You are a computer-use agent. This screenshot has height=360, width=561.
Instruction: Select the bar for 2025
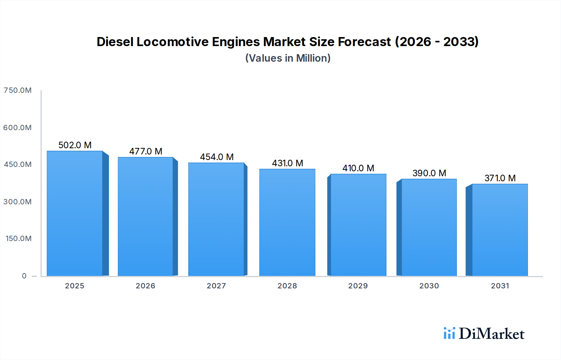coord(75,213)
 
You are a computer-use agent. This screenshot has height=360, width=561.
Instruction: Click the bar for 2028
coord(287,222)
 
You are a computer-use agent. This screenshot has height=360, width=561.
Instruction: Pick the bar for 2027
coord(216,219)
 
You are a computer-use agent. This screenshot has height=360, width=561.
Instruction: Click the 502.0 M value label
coord(75,145)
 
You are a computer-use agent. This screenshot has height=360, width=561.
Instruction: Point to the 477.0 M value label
coord(146,151)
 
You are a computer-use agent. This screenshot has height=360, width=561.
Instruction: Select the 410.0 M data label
coord(358,168)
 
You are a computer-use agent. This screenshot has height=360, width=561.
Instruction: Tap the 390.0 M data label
coord(429,173)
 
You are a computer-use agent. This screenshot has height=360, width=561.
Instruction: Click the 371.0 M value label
coord(500,178)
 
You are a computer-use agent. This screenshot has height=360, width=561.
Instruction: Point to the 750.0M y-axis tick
coord(17,90)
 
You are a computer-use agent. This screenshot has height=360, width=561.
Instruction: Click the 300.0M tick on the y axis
coord(17,202)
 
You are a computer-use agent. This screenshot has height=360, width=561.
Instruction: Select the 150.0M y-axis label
coord(18,239)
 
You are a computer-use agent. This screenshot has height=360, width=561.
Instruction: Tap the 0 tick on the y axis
coord(24,276)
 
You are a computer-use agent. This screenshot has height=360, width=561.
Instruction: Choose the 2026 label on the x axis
coord(145,286)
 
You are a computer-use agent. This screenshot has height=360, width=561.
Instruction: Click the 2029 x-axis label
coord(358,286)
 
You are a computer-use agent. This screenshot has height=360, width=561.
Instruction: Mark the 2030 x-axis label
coord(429,286)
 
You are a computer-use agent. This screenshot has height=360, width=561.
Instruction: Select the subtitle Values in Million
coord(288,58)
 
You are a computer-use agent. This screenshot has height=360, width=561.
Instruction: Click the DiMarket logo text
coord(491,334)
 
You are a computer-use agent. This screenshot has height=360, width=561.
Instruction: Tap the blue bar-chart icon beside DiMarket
coord(449,333)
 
